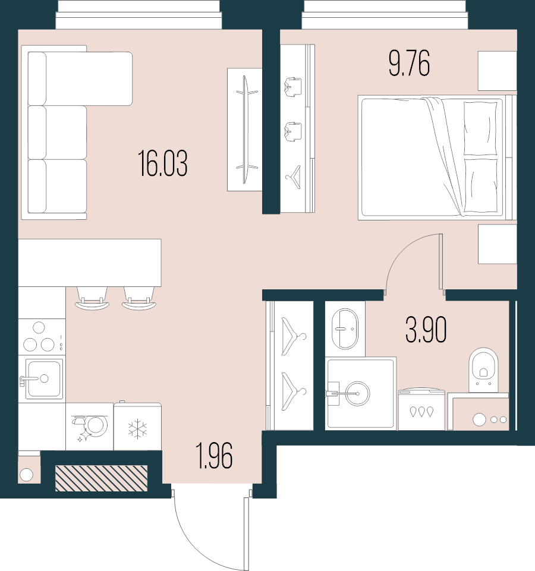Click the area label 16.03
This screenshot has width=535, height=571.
click(163, 164)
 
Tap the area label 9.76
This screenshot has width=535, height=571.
click(409, 64)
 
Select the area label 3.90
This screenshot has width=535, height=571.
click(426, 330)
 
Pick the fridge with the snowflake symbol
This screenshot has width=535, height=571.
click(137, 427)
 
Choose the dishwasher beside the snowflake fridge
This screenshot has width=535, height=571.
click(90, 427)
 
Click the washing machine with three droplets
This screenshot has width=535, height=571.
click(421, 410)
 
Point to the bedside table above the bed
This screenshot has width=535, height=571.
click(497, 71)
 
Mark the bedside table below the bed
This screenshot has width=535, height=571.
click(497, 244)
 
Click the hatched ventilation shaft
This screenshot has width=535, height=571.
click(101, 478)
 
